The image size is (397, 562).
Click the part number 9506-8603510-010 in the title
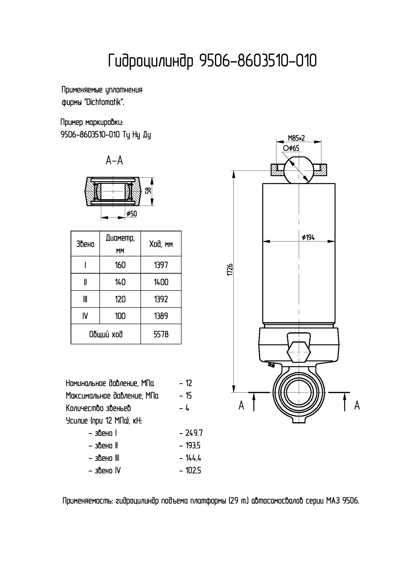tap(258, 61)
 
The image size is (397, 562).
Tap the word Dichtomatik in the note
tap(104, 102)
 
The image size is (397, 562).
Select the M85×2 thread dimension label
tap(296, 138)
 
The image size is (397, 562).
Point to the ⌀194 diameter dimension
tap(308, 237)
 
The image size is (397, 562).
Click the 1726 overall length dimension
tap(230, 270)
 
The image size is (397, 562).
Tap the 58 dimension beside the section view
tap(149, 191)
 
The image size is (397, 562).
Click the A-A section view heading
tap(114, 161)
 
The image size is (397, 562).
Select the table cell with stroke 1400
tap(161, 282)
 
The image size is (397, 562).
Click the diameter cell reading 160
tap(120, 265)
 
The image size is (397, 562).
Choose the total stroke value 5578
tap(161, 334)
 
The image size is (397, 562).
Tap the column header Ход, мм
tap(161, 244)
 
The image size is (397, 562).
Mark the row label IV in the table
tap(85, 316)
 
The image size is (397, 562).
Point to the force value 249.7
tap(194, 433)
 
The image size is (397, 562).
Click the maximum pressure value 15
tap(189, 396)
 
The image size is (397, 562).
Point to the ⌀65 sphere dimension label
tap(291, 148)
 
